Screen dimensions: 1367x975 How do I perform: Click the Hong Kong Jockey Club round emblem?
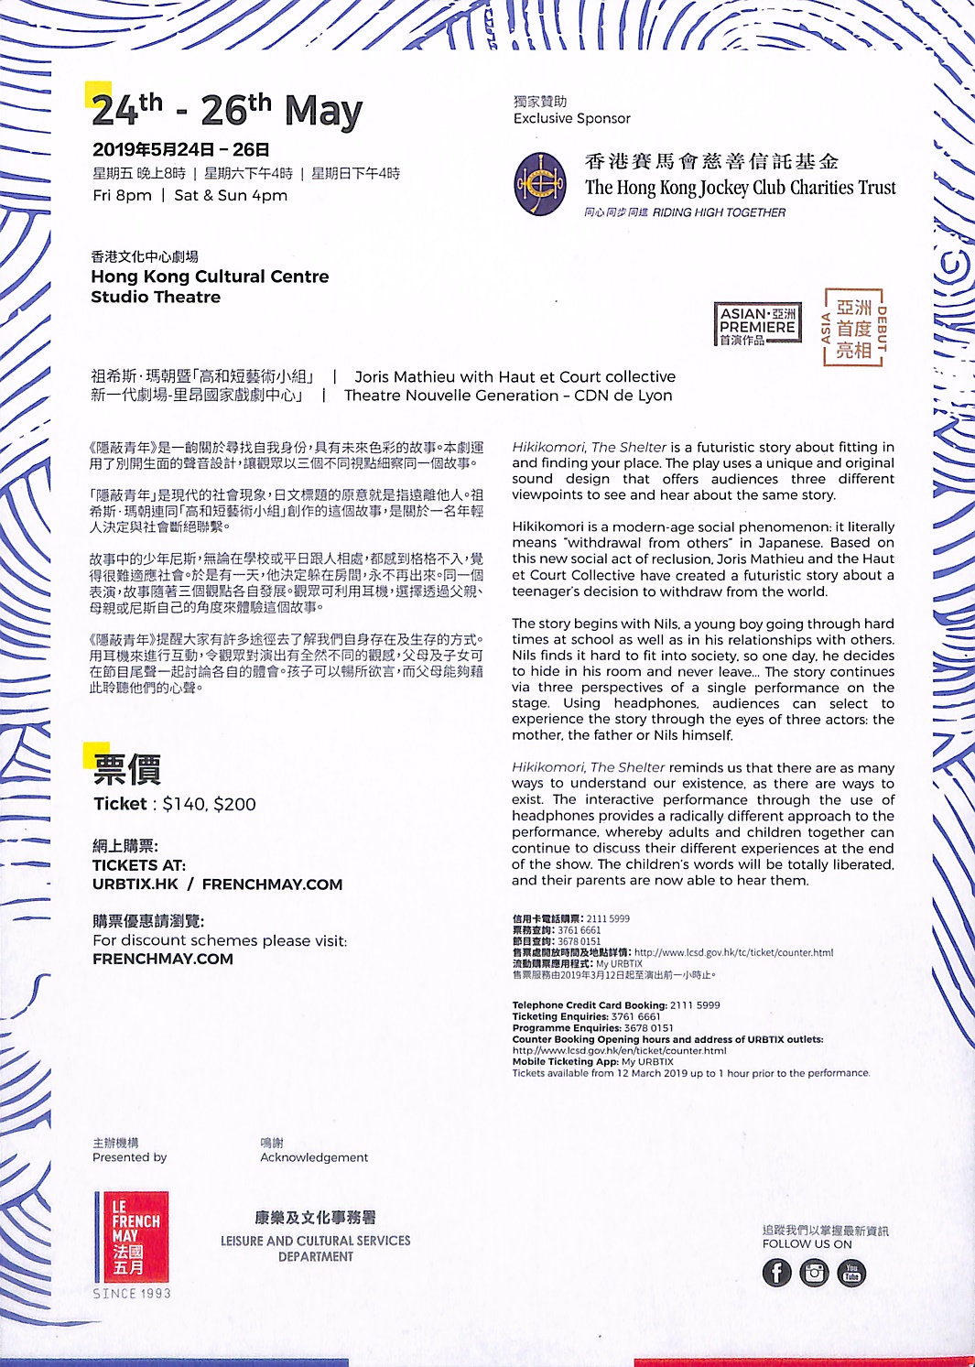tap(540, 184)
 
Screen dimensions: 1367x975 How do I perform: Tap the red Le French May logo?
tap(132, 1236)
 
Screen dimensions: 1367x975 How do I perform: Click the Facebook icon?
tap(776, 1273)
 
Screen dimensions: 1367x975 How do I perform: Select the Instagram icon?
tap(814, 1273)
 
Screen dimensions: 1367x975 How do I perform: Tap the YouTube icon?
tap(851, 1273)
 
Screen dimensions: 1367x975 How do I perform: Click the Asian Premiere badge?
tap(758, 325)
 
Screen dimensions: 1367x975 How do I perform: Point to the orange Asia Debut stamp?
tap(855, 328)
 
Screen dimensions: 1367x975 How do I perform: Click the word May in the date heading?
tap(323, 112)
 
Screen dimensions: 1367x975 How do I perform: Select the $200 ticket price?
tap(235, 804)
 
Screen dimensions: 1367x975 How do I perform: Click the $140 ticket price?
tap(184, 804)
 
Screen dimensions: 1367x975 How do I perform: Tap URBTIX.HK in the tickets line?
tap(135, 884)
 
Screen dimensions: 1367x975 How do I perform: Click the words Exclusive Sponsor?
tap(572, 118)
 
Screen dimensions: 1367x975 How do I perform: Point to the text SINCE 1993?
tap(132, 1294)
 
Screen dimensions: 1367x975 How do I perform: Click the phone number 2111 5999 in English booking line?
tap(695, 1004)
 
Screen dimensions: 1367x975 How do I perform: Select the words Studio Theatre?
tap(156, 297)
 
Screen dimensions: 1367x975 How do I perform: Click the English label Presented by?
tap(130, 1157)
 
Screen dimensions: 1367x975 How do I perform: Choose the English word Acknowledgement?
tap(314, 1157)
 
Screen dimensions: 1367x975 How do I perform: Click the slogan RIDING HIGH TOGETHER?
tap(719, 212)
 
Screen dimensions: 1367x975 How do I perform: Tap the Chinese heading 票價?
tap(127, 770)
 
